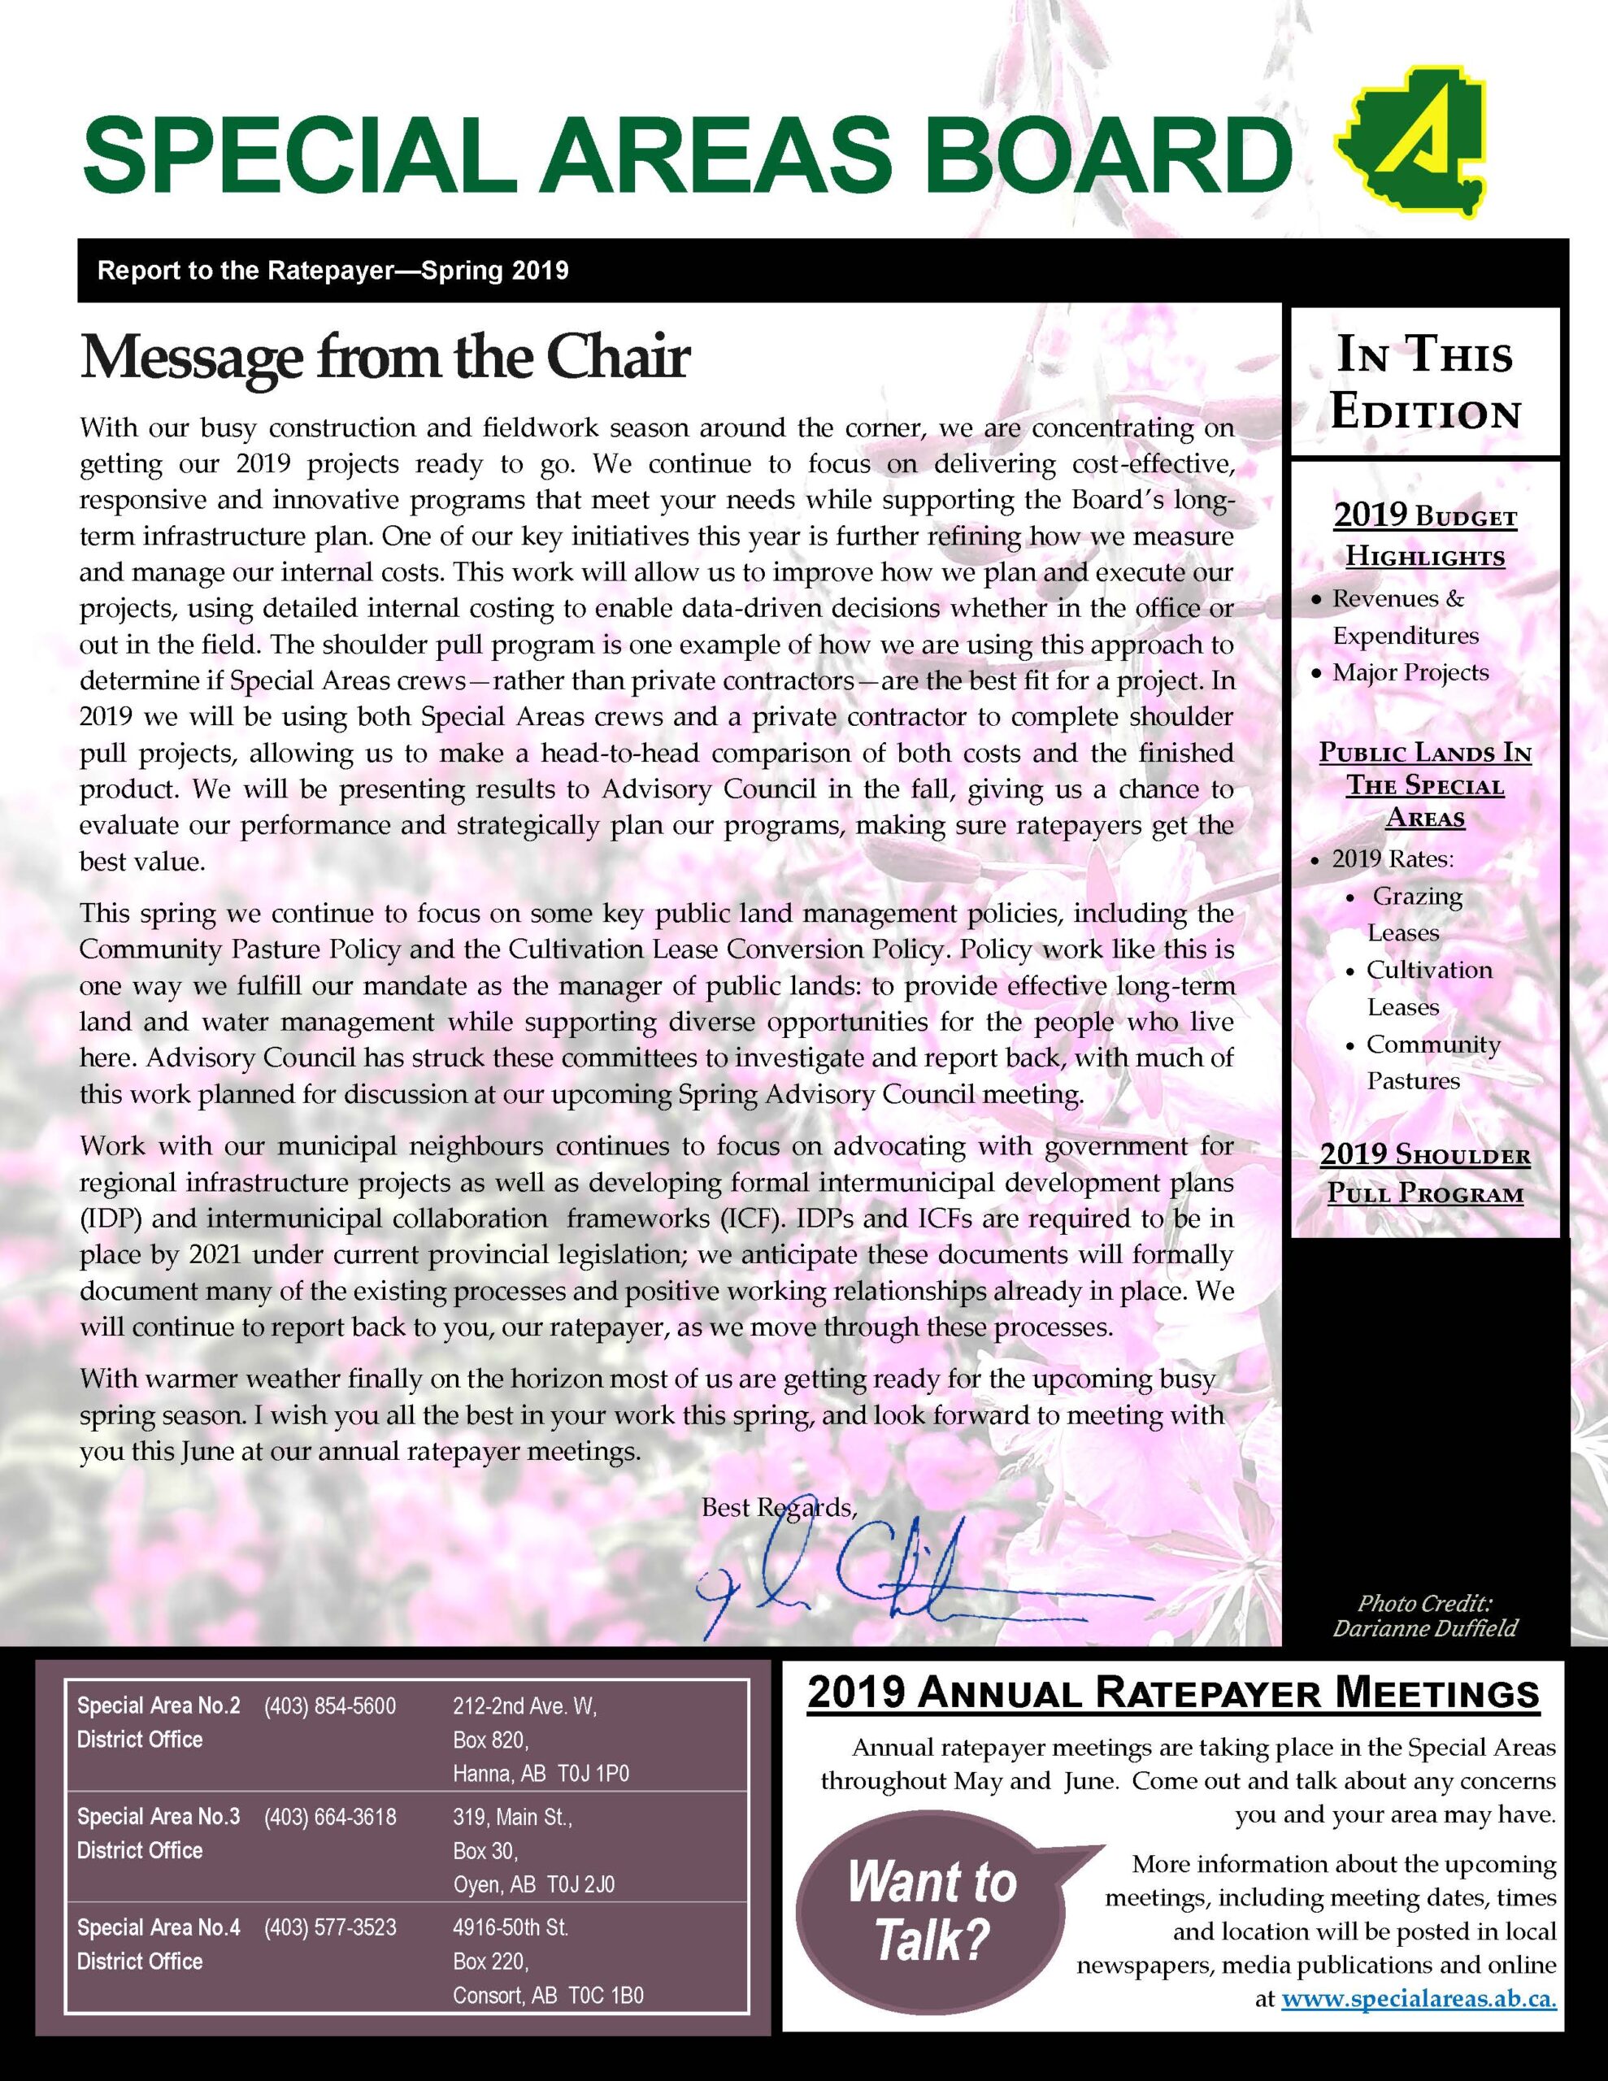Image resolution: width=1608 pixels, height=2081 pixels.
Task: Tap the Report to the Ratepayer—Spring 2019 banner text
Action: (332, 271)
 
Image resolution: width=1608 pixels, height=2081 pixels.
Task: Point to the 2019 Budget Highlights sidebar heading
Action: (1425, 537)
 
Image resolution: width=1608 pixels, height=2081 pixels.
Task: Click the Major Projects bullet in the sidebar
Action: (1410, 673)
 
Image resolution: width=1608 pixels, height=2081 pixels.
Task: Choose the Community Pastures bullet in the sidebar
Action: (1432, 1062)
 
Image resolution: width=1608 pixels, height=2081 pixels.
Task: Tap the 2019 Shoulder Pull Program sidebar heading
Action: (1425, 1174)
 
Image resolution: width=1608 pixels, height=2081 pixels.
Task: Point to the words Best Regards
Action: (779, 1507)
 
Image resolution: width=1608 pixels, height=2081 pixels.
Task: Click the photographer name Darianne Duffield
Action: (1425, 1628)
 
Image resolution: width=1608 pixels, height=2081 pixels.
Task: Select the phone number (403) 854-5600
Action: (330, 1705)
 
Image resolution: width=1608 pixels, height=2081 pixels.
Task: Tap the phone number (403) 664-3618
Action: (330, 1816)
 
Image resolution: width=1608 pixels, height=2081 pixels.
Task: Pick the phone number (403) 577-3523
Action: (330, 1927)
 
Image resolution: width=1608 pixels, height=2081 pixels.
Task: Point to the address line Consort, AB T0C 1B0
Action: (548, 1996)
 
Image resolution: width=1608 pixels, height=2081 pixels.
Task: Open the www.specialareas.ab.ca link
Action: (1419, 1998)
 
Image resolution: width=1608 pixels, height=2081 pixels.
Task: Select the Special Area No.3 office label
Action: (159, 1816)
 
